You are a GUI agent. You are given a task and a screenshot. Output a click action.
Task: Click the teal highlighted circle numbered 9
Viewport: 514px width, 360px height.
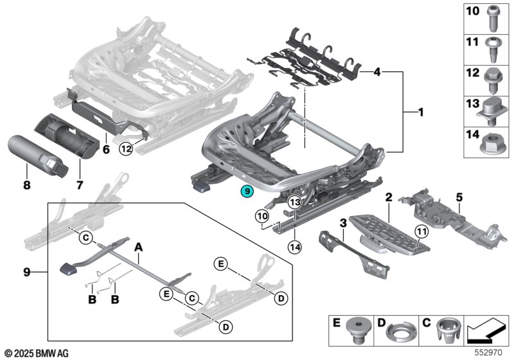[247, 192]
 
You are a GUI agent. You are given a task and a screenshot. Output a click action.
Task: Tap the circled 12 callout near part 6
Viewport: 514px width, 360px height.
[126, 149]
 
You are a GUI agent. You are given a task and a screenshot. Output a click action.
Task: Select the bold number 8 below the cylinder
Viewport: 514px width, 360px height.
[27, 185]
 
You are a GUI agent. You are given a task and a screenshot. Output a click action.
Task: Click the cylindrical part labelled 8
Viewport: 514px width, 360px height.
[38, 155]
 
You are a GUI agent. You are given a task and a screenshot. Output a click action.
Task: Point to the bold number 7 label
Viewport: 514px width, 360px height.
[80, 185]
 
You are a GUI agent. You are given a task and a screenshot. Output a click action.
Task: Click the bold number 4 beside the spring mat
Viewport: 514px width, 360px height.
[377, 72]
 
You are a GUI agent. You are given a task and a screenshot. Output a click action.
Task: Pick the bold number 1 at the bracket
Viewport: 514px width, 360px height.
[421, 113]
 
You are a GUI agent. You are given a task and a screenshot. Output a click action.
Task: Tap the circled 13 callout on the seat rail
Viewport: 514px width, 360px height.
[295, 203]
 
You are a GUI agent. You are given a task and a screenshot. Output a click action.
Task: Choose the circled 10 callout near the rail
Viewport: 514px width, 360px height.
[263, 217]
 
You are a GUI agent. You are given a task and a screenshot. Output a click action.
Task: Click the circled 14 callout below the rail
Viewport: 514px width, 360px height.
[295, 247]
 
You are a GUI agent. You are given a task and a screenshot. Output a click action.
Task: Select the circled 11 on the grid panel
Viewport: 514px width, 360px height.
[421, 232]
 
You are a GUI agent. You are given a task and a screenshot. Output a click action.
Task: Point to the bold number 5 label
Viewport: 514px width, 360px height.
[459, 197]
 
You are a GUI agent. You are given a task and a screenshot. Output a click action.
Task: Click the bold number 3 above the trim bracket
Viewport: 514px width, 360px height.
[343, 224]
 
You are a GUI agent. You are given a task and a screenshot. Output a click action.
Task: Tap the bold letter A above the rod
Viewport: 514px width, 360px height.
[139, 248]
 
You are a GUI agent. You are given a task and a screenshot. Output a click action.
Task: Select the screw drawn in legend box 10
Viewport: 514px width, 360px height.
[493, 19]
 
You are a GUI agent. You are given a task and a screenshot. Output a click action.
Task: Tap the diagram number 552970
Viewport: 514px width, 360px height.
[489, 352]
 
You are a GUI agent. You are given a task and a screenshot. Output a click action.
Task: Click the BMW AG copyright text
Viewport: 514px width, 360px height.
[37, 353]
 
